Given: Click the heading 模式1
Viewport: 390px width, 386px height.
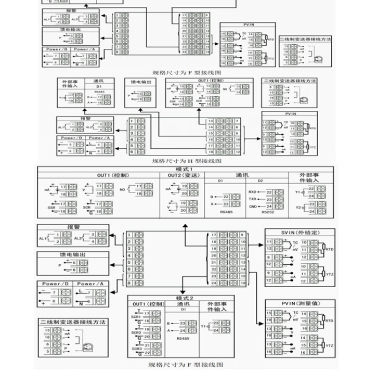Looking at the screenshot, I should [185, 169].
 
